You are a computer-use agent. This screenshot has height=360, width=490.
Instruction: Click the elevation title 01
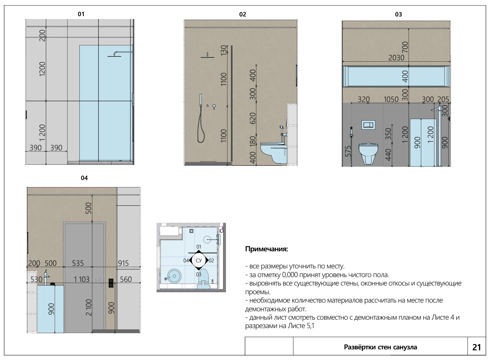point(81,14)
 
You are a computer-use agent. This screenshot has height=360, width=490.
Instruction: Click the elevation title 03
point(398,15)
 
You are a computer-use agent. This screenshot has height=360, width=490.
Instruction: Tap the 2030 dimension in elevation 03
point(396,58)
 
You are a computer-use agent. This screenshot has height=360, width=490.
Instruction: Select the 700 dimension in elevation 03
point(405,47)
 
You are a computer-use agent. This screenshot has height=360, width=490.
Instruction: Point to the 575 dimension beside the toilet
point(348,151)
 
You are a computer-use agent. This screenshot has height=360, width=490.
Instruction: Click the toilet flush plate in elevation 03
point(368,125)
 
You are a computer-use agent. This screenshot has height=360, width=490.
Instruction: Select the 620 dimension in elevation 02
point(253,118)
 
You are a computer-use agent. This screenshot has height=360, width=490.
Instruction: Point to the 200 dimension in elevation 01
point(42,35)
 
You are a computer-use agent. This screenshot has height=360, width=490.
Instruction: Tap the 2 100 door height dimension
point(89,307)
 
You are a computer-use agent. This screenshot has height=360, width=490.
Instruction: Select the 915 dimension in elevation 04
point(123,263)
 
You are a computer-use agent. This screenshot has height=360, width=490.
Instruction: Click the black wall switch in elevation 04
point(111,283)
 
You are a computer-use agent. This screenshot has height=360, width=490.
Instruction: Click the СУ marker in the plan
point(199,260)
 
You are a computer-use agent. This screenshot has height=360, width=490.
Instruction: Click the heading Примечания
point(266,249)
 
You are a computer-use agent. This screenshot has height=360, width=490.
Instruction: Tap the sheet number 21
point(477,347)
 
